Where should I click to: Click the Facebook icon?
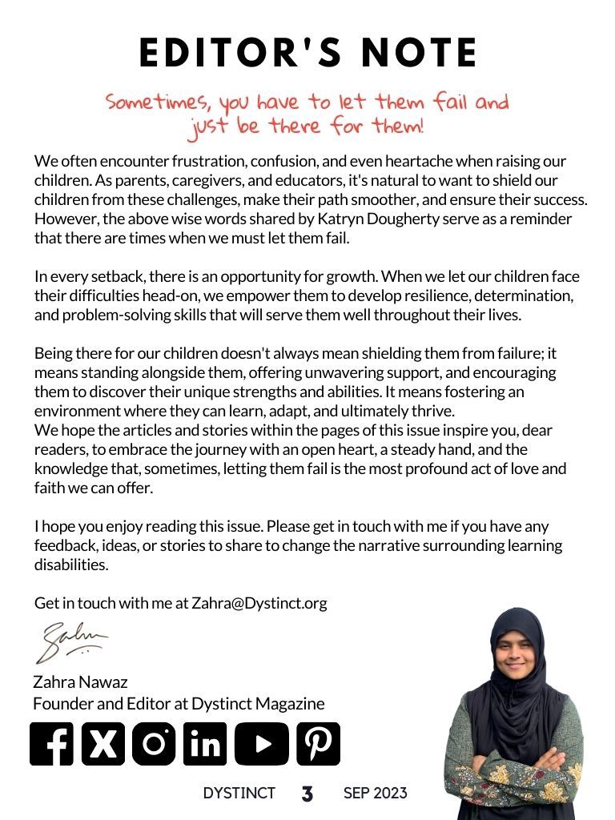51,744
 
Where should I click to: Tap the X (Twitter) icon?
102,744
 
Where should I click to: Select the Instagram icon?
154,744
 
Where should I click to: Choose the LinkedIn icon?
205,744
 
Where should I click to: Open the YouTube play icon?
261,744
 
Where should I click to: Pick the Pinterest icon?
318,744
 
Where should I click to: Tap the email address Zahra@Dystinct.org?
259,603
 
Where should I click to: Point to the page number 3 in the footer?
307,794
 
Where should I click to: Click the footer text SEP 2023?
375,794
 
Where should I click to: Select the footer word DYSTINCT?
239,794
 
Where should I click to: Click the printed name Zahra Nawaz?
80,683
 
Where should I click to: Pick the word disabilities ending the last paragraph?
70,565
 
